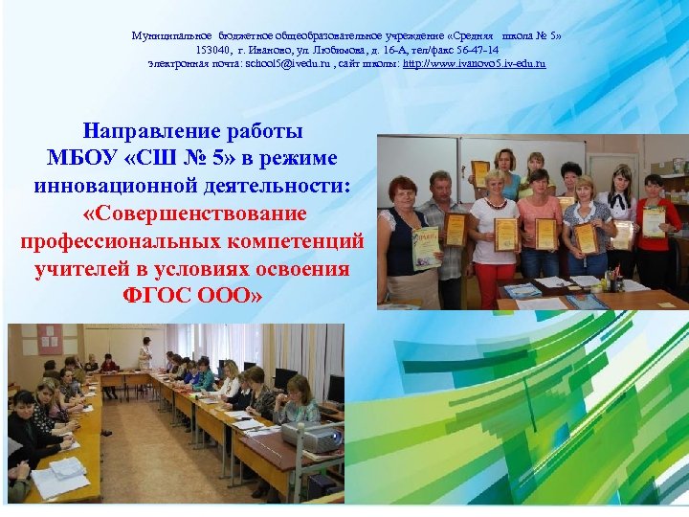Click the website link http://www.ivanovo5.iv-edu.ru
click(x=474, y=63)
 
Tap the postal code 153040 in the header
click(x=213, y=49)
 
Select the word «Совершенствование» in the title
click(x=194, y=212)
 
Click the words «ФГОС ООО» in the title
click(x=194, y=294)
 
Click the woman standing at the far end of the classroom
click(x=145, y=354)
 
